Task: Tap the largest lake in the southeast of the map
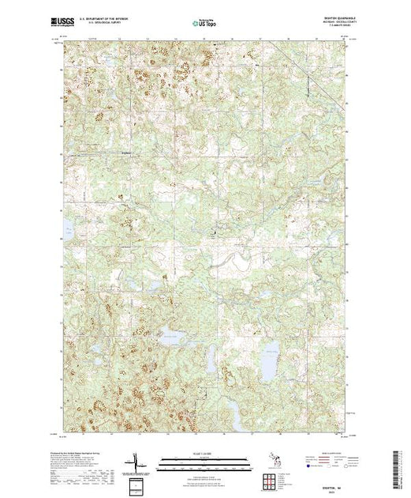271,364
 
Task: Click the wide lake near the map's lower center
171,338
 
